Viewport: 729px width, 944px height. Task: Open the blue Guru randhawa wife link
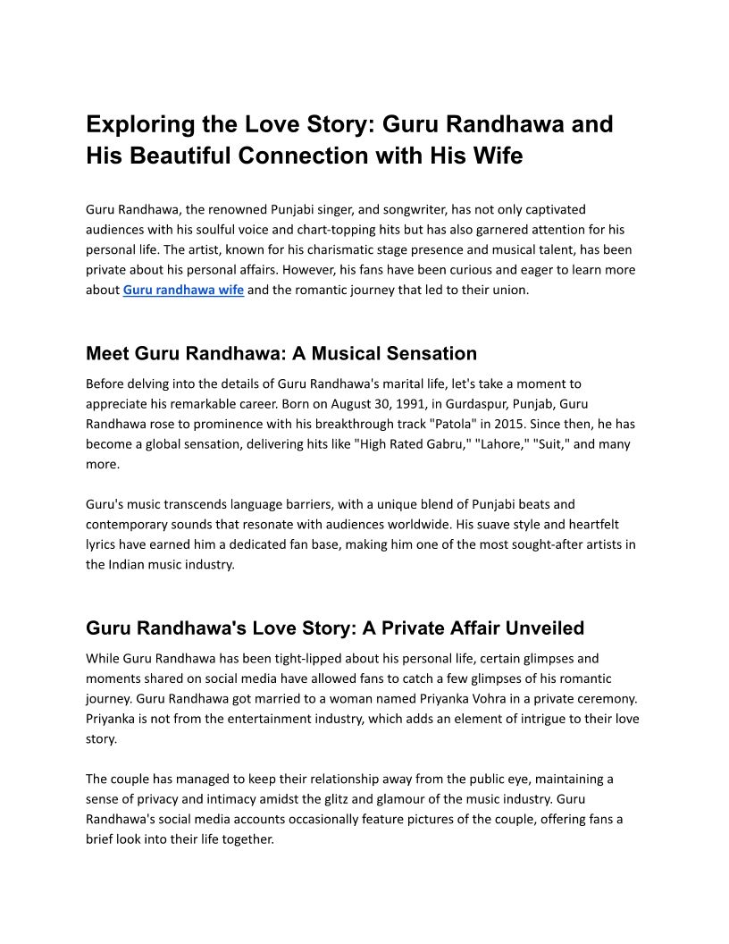click(183, 290)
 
